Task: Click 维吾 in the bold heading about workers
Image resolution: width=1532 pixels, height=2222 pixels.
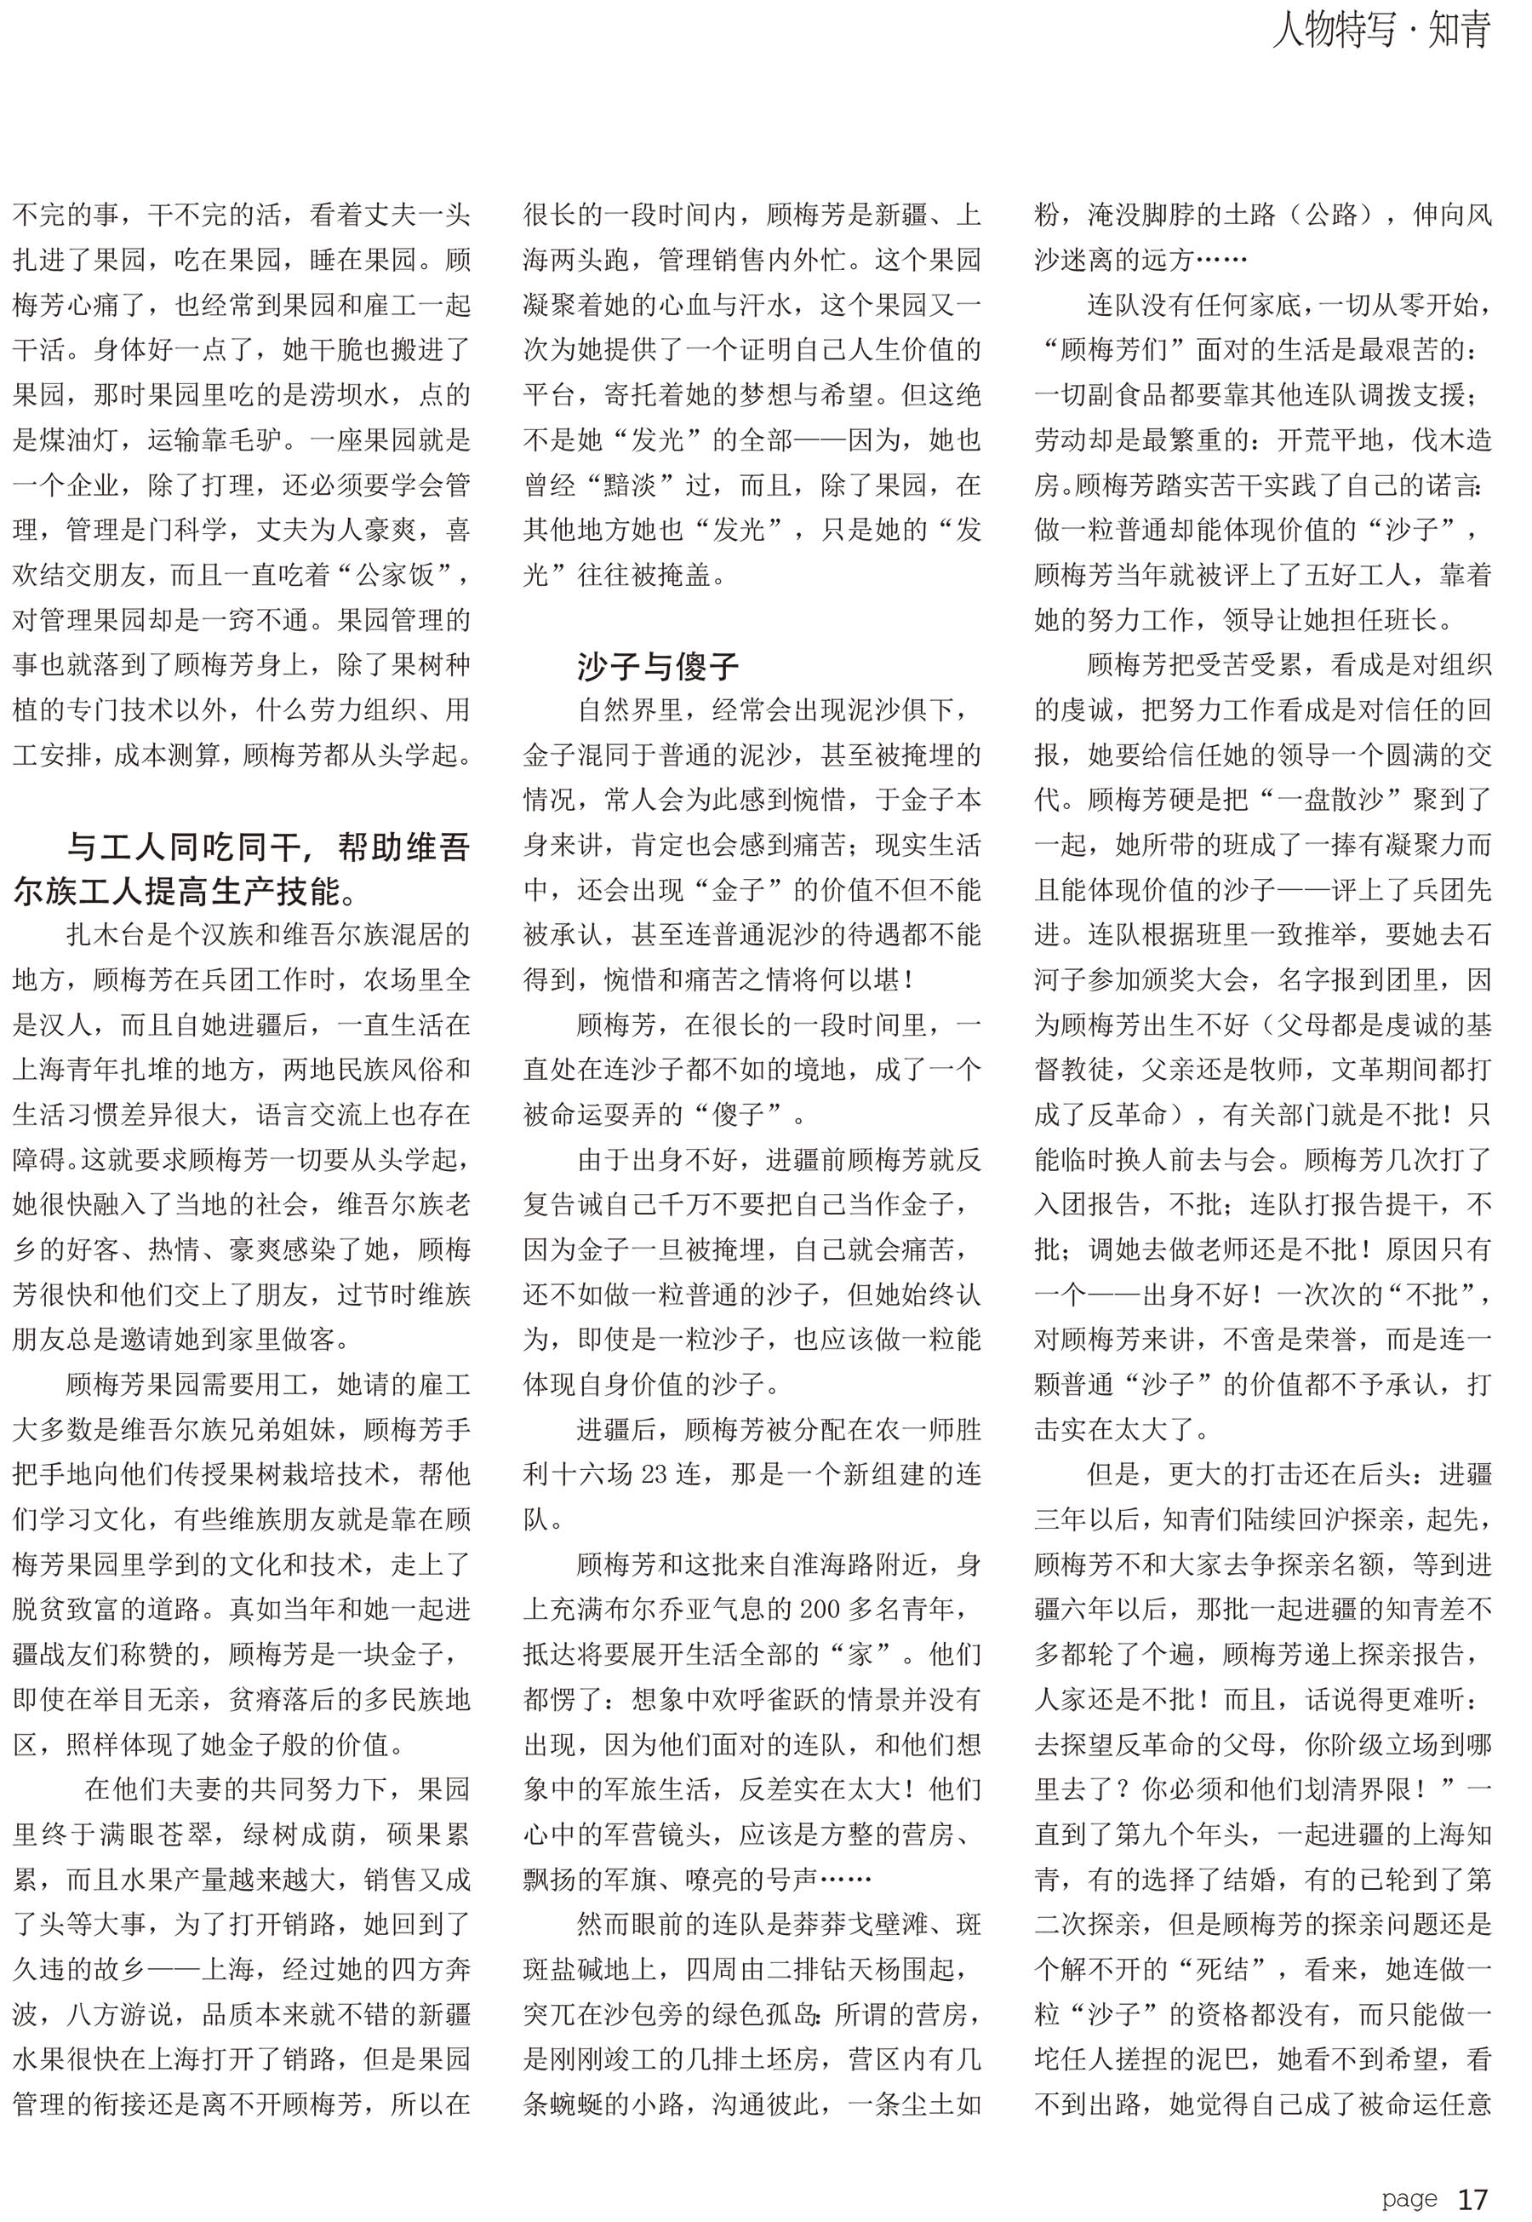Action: pyautogui.click(x=429, y=847)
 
